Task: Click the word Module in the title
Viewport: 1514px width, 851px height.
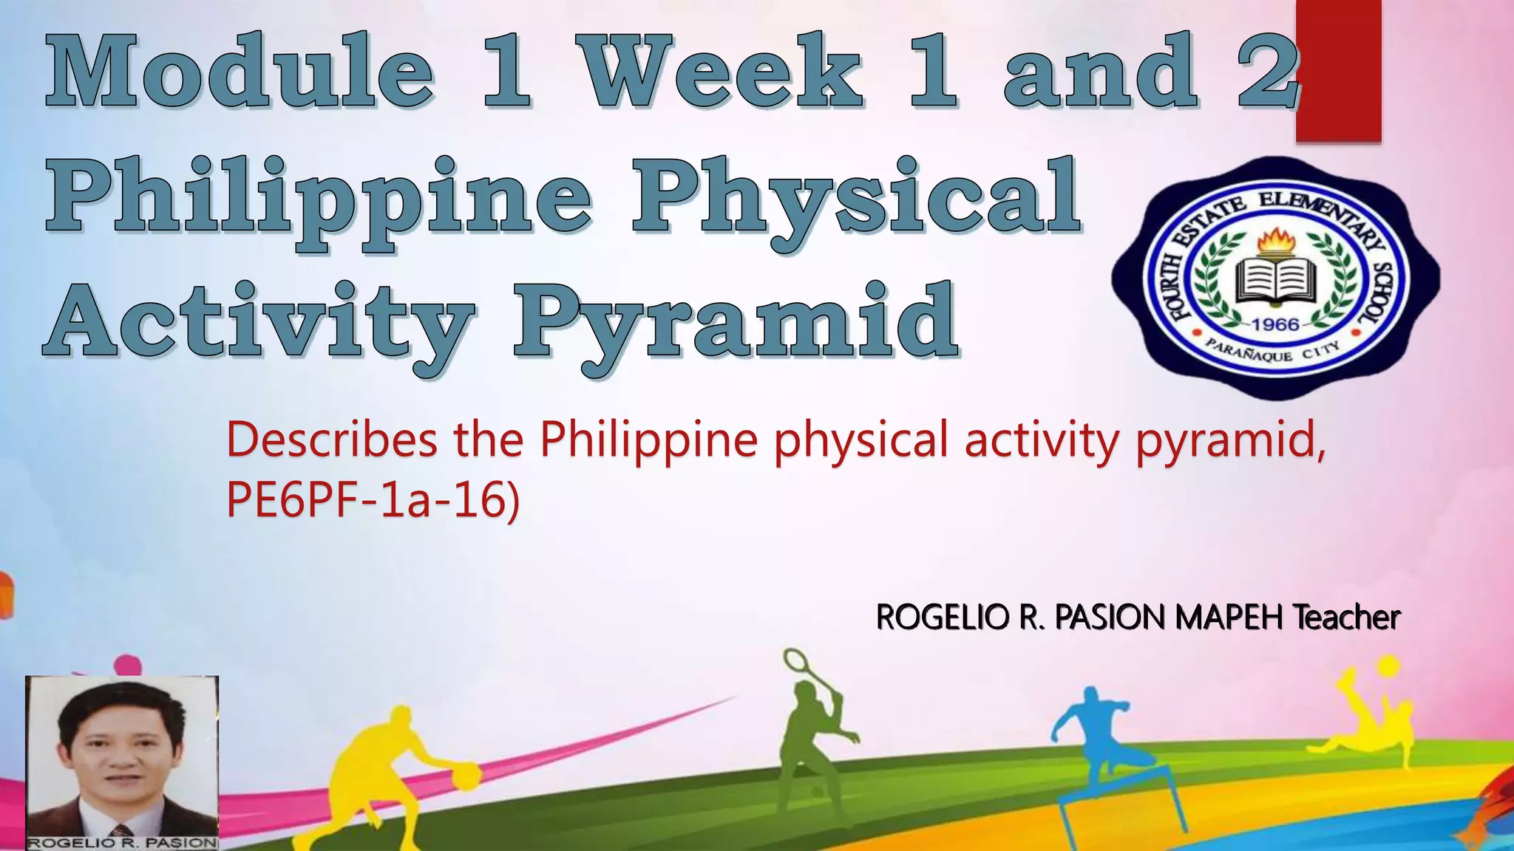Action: (240, 72)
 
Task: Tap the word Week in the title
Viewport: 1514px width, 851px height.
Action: (720, 72)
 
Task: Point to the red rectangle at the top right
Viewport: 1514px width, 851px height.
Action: (1338, 70)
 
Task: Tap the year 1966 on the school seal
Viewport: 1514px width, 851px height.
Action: (1275, 324)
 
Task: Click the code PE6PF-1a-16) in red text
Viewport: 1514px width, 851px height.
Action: (373, 500)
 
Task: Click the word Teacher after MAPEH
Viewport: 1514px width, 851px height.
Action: (1346, 617)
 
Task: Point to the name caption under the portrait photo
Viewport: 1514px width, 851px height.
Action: (122, 843)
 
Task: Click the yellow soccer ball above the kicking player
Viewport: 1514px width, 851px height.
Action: (1388, 666)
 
